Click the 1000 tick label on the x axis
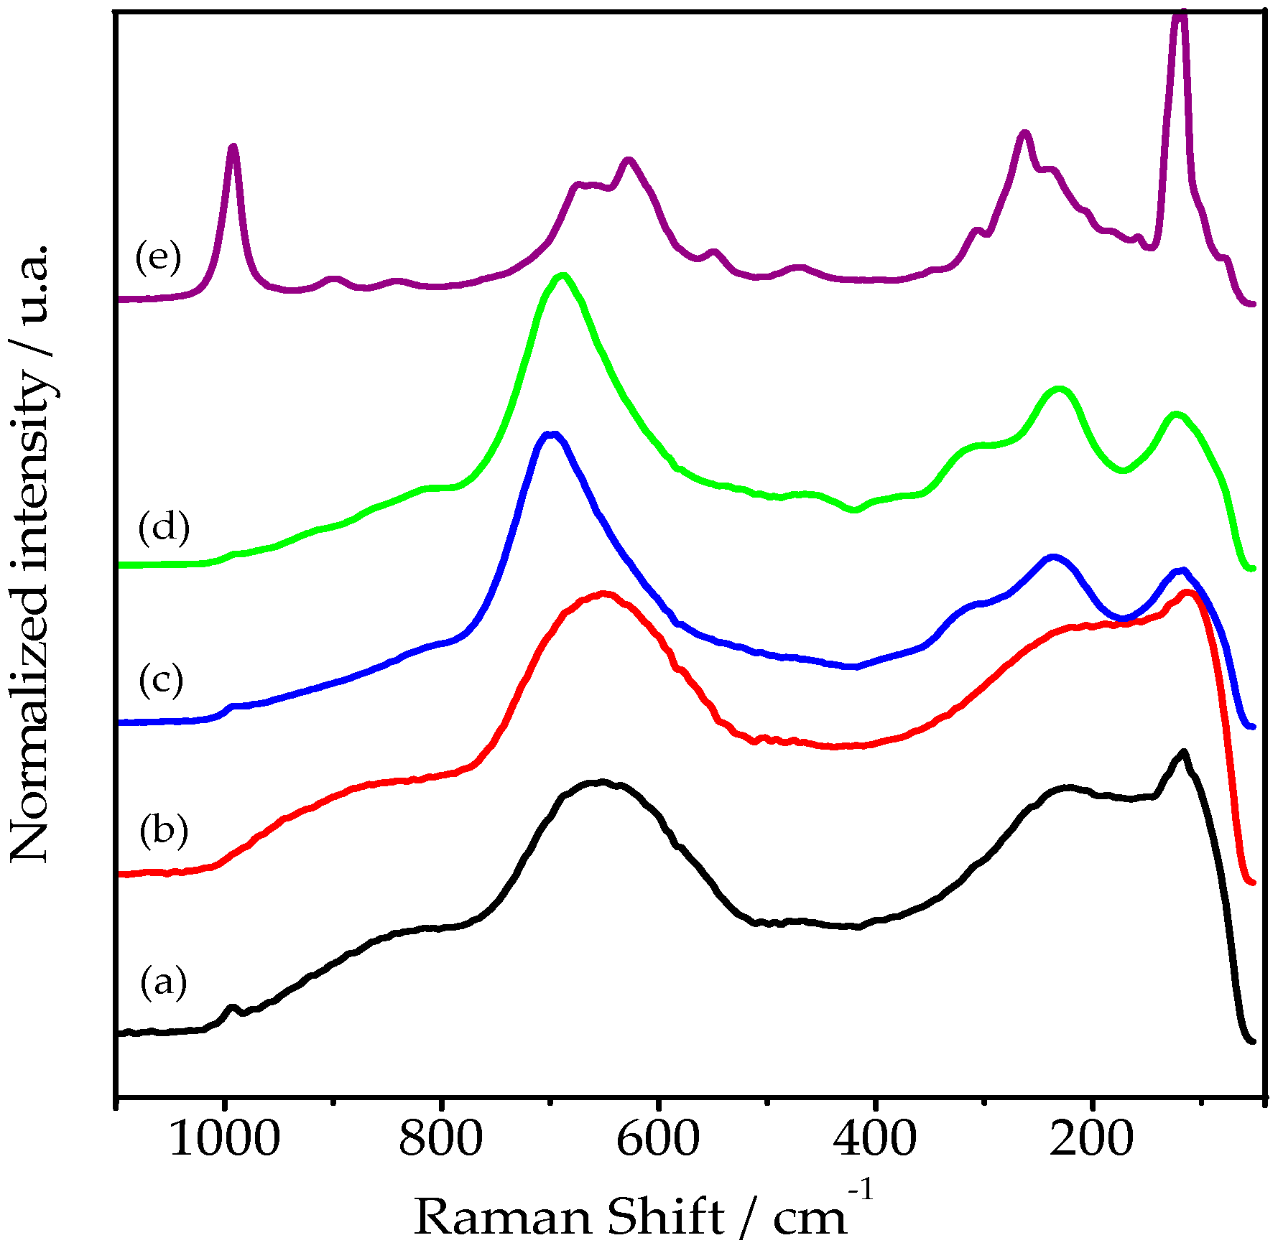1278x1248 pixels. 224,1139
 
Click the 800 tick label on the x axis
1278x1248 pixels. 440,1139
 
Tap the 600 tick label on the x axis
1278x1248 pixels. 657,1139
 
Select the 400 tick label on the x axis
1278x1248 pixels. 875,1139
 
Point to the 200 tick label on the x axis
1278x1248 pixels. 1092,1139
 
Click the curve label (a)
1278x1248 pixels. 163,982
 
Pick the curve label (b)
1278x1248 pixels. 164,830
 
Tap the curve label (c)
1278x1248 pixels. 162,679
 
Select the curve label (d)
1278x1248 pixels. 164,528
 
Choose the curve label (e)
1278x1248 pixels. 158,257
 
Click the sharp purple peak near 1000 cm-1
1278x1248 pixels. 232,147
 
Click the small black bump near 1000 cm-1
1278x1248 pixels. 231,1007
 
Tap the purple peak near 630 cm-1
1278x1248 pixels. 629,161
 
